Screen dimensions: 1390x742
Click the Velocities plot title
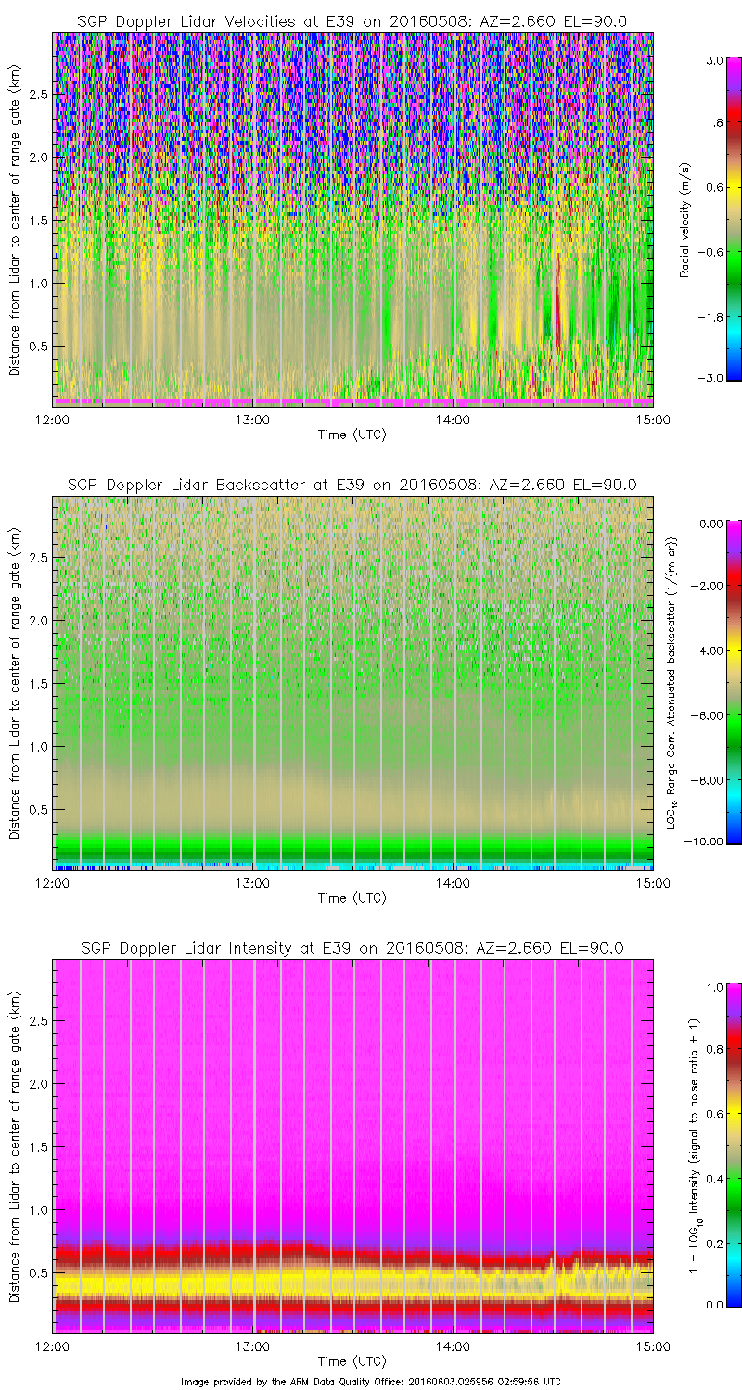(352, 21)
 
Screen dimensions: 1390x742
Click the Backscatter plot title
(352, 485)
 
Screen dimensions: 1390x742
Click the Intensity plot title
(352, 948)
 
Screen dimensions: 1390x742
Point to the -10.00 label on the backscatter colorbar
(710, 840)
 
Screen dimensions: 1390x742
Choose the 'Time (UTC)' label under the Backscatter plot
(352, 897)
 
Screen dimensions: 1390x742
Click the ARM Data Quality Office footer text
(371, 1381)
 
